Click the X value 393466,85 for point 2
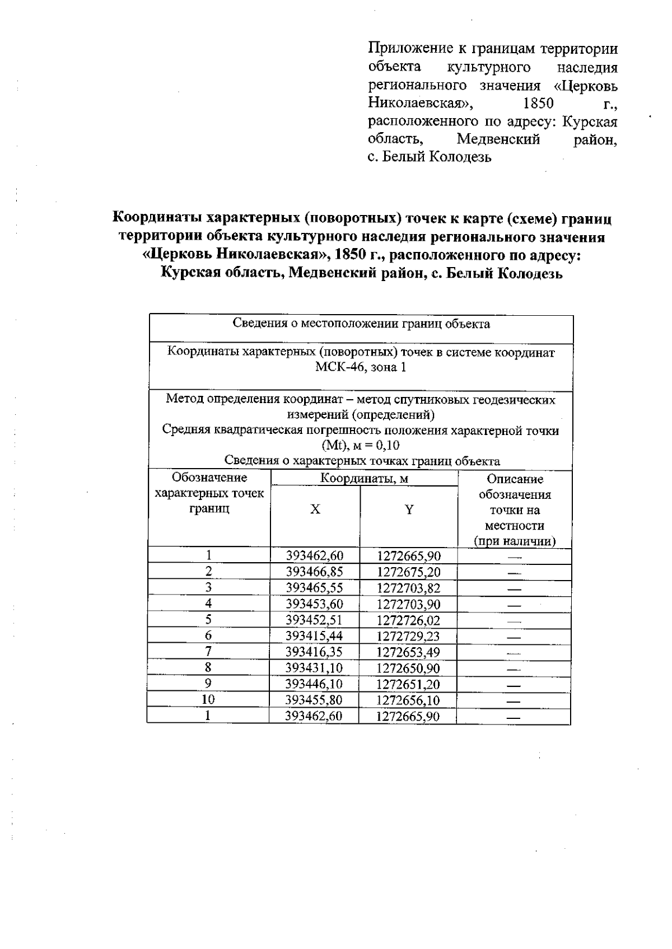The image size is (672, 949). click(x=314, y=572)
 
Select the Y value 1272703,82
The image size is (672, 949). click(x=408, y=588)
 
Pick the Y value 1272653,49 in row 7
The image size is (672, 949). click(x=408, y=652)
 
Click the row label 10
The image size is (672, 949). click(x=208, y=699)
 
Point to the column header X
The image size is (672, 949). click(x=316, y=509)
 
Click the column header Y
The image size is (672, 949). click(x=409, y=509)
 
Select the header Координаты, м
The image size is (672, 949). click(x=364, y=478)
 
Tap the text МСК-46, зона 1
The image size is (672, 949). click(x=361, y=367)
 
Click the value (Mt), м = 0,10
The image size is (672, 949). click(x=361, y=446)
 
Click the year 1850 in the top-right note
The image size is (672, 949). click(x=538, y=103)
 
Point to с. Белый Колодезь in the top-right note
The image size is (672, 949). click(x=430, y=157)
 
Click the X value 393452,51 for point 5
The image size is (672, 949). click(x=314, y=620)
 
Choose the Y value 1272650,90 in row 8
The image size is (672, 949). click(x=408, y=668)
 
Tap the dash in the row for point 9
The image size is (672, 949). click(x=514, y=685)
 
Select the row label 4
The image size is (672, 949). click(x=208, y=603)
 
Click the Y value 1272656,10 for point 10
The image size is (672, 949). click(x=408, y=700)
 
